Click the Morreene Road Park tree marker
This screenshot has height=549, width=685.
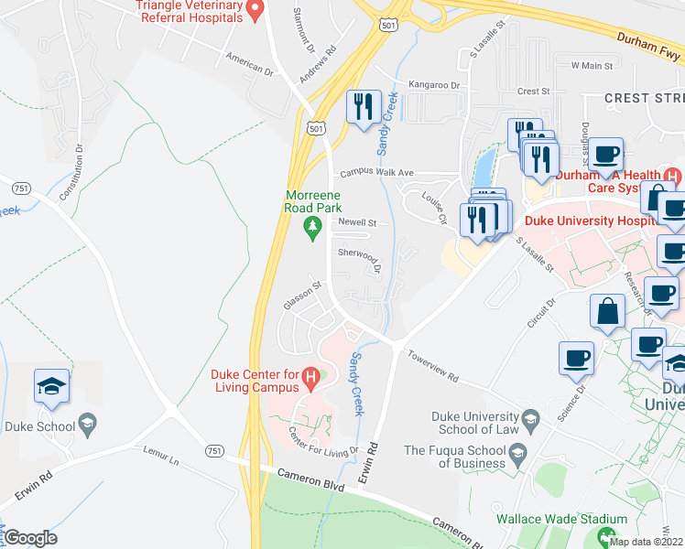313,225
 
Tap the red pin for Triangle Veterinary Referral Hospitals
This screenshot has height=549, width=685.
256,9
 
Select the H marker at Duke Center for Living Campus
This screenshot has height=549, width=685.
311,375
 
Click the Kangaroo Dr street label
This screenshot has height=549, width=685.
434,85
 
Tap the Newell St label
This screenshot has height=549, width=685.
357,222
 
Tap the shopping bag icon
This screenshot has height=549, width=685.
608,311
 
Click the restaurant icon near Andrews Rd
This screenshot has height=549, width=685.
364,106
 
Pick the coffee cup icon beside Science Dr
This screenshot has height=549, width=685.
576,358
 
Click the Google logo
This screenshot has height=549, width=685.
30,538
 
